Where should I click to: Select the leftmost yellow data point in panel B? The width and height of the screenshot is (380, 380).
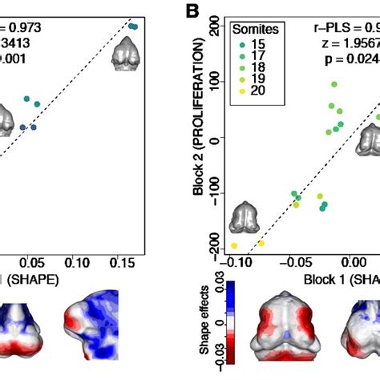pyautogui.click(x=234, y=245)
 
